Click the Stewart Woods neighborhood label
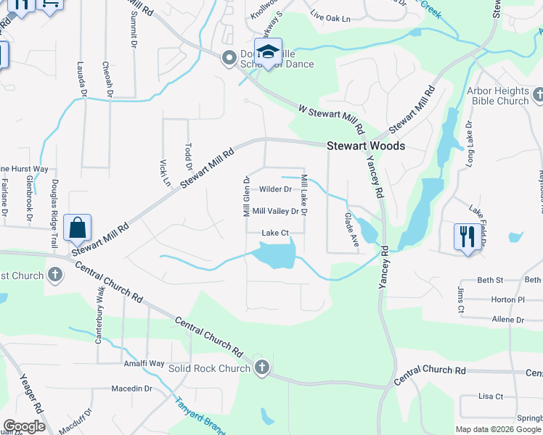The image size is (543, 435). pyautogui.click(x=365, y=146)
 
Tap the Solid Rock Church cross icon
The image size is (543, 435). pyautogui.click(x=262, y=368)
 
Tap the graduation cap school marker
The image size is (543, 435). pyautogui.click(x=268, y=51)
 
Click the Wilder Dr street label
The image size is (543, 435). pyautogui.click(x=275, y=189)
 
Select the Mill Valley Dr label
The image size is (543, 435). pyautogui.click(x=275, y=212)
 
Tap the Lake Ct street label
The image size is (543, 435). pyautogui.click(x=275, y=233)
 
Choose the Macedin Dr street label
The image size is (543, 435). pyautogui.click(x=131, y=389)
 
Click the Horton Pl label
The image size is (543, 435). pyautogui.click(x=507, y=299)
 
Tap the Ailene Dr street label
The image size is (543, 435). pyautogui.click(x=507, y=319)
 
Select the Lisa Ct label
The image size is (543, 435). pyautogui.click(x=491, y=397)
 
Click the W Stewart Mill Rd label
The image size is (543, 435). pyautogui.click(x=331, y=120)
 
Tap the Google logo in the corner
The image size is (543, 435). pyautogui.click(x=24, y=426)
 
